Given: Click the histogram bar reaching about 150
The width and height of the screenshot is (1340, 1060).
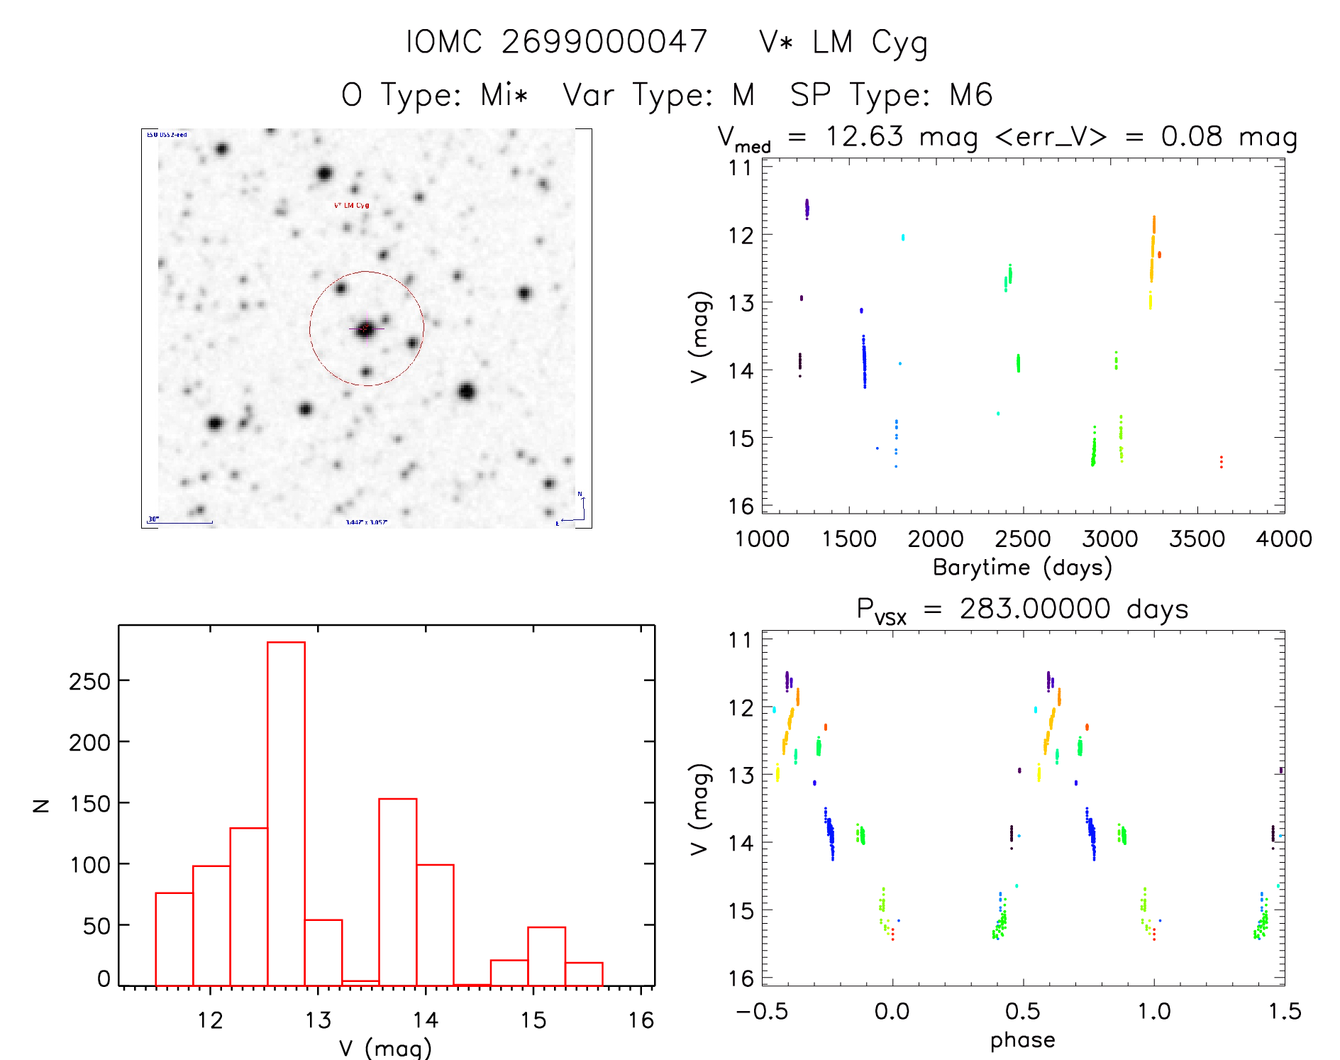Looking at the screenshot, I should click(397, 892).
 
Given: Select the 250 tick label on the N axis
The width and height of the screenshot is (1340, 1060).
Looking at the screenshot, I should click(90, 682).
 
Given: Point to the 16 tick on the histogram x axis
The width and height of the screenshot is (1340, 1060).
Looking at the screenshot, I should click(641, 1020).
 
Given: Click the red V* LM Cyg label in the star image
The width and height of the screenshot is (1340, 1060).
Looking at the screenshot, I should click(351, 206).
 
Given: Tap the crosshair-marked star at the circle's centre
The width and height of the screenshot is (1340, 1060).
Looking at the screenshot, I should click(365, 329).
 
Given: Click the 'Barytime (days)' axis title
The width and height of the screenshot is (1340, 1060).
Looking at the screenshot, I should click(1022, 568).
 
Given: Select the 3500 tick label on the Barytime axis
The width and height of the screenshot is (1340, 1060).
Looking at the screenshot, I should click(1197, 539).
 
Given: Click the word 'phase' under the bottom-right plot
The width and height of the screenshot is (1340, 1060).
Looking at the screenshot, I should click(1022, 1040).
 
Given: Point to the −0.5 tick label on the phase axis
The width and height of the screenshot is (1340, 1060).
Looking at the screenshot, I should click(762, 1012).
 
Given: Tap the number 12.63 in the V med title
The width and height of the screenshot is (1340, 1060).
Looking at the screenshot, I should click(864, 136).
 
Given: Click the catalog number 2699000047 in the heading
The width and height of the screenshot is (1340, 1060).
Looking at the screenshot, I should click(604, 42).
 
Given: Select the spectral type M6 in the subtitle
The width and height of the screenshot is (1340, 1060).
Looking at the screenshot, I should click(971, 94).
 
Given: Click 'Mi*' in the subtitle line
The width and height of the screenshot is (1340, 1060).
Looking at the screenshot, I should click(504, 94).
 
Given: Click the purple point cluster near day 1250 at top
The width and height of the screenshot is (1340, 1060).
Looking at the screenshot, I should click(807, 209).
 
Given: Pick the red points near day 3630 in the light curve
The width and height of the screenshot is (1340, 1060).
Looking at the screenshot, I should click(1221, 462).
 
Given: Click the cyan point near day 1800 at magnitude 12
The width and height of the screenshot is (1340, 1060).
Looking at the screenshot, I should click(903, 237).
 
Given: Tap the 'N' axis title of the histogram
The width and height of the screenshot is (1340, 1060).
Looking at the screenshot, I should click(42, 805).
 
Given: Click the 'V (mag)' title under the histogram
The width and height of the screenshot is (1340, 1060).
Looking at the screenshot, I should click(384, 1048).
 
